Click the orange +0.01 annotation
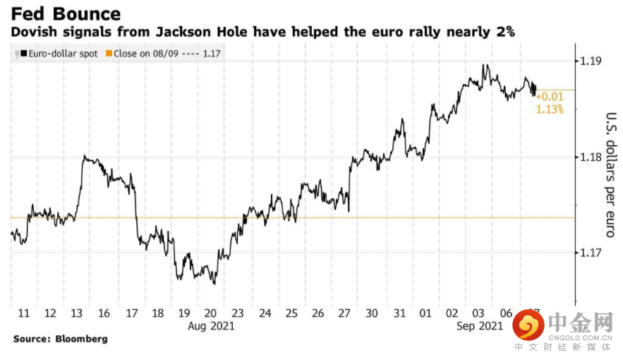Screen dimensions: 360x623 point(550,97)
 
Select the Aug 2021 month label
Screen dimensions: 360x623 point(211,326)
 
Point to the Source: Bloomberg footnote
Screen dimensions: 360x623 point(61,339)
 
